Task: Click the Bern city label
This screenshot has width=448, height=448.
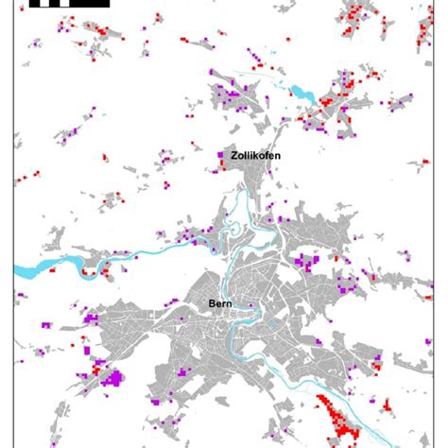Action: point(221,304)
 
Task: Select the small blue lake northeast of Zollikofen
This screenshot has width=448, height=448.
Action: point(302,93)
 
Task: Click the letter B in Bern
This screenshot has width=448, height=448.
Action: point(212,304)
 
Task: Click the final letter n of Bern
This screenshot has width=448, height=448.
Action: point(232,304)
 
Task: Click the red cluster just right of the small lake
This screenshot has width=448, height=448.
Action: point(331,95)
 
